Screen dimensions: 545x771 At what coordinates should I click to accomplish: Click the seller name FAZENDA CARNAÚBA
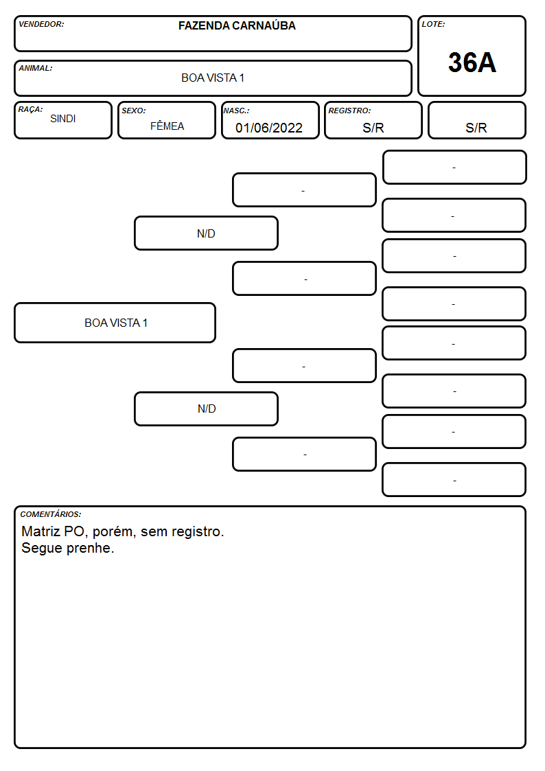coord(237,25)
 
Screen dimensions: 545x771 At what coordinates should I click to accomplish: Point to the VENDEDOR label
coord(41,24)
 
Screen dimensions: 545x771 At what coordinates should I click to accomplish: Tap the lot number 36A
coord(472,62)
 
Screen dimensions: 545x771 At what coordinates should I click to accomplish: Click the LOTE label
coord(433,24)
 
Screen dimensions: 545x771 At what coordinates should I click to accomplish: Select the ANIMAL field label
coord(36,69)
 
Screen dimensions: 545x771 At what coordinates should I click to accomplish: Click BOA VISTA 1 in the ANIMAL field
coord(213,78)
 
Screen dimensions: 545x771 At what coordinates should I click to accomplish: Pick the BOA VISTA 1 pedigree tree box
coord(115,323)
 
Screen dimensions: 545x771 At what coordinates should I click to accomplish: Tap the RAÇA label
coord(30,109)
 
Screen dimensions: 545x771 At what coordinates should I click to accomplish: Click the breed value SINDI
coord(63,119)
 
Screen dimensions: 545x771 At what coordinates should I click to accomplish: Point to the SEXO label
coord(134,111)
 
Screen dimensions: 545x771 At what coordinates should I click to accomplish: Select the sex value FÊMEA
coord(167,126)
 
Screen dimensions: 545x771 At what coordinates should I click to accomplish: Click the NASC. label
coord(236,111)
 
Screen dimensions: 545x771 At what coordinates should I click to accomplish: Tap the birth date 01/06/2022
coord(269,128)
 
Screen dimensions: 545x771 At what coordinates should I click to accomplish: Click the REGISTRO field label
coord(349,111)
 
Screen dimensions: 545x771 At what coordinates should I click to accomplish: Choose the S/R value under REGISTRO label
coord(373,128)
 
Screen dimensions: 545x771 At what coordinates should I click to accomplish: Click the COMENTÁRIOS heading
coord(51,514)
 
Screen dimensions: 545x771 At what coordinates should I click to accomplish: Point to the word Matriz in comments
coord(40,531)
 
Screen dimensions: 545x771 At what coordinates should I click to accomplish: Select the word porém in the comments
coord(114,532)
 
